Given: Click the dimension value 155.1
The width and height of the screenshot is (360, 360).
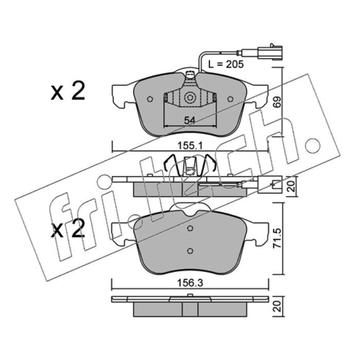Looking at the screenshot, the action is tap(189, 145).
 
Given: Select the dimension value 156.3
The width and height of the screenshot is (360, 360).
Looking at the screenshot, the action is tap(190, 283).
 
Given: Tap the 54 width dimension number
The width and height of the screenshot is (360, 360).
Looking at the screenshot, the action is tap(189, 120).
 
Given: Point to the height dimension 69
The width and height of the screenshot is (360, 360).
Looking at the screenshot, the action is tap(277, 103).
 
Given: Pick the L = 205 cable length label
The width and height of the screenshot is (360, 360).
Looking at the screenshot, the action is tap(226, 64).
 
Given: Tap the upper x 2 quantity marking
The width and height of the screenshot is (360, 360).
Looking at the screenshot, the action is tap(68, 92).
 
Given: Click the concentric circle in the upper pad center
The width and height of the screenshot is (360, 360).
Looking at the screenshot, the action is tap(190, 98).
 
